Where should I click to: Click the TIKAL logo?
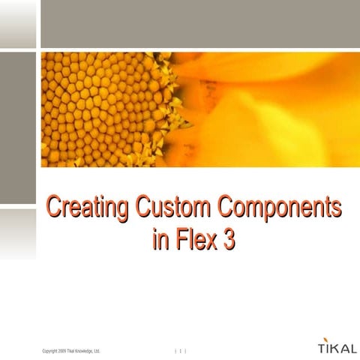(x=331, y=349)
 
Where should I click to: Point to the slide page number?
(x=181, y=351)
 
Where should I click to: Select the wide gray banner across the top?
(x=199, y=23)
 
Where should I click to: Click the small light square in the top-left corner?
(x=17, y=23)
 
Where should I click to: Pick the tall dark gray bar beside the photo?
(x=17, y=127)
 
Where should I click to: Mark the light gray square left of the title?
(x=17, y=232)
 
